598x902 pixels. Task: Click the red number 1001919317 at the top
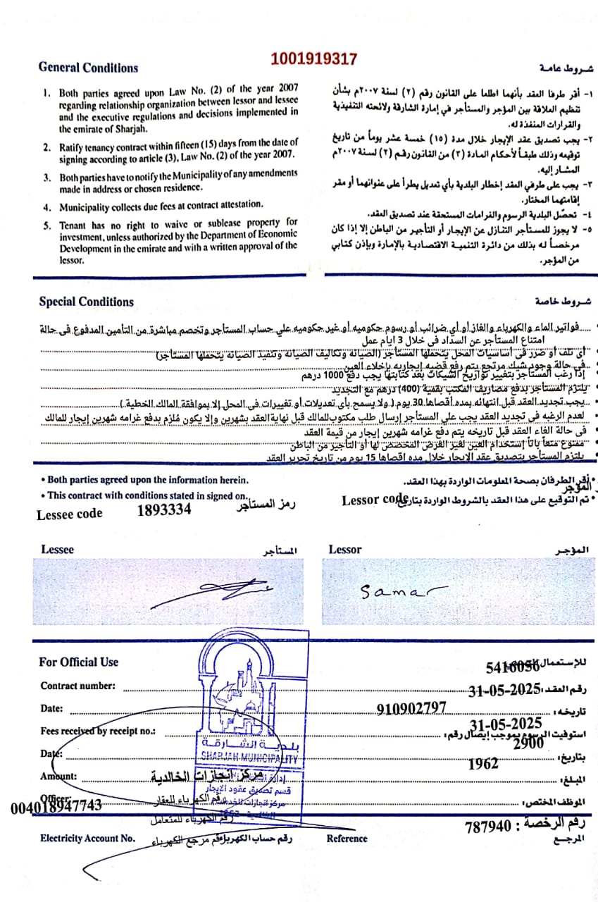point(313,59)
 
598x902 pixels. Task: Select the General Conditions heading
point(88,68)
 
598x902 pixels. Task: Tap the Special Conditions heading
point(86,302)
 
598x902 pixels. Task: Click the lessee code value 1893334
point(163,510)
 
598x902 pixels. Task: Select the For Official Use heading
point(79,662)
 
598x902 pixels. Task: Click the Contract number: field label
point(77,686)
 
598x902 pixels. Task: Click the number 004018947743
point(56,805)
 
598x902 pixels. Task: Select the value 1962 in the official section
point(482,762)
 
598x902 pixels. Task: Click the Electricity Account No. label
point(87,839)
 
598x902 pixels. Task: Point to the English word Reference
point(347,839)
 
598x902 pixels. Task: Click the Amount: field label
point(58,777)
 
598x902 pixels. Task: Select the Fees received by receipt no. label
point(97,731)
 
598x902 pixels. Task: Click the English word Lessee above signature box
point(57,550)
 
